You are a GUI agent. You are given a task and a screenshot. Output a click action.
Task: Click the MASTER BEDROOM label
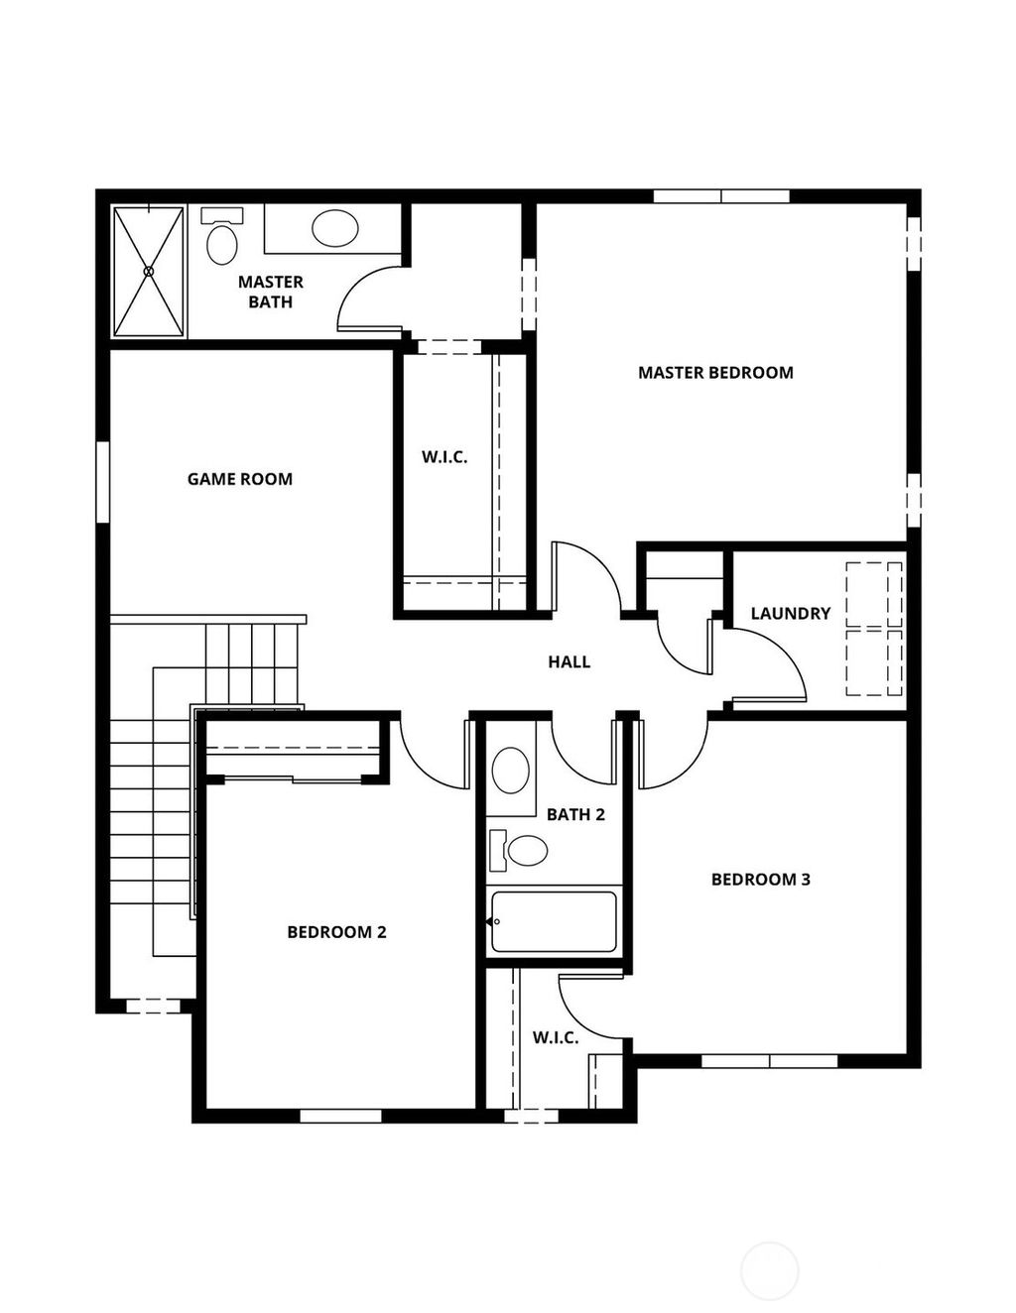(x=715, y=373)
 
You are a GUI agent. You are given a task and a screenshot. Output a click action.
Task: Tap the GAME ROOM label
(x=240, y=479)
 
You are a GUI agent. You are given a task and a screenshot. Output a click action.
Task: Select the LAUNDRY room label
(x=790, y=614)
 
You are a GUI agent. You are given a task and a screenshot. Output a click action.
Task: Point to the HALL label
(x=569, y=661)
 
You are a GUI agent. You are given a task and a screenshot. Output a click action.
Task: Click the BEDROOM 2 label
(x=336, y=932)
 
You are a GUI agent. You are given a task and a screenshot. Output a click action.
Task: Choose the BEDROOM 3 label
(x=760, y=880)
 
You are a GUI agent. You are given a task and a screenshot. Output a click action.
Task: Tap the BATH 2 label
(x=575, y=815)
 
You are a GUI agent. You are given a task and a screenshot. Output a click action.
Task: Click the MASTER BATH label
(x=270, y=293)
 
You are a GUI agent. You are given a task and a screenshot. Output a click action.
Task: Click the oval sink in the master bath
(x=335, y=229)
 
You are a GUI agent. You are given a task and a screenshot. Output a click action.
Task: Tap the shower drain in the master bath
(x=149, y=271)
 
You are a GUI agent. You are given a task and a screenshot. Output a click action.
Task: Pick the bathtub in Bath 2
(x=554, y=922)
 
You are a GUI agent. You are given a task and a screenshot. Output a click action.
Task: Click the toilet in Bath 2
(x=521, y=851)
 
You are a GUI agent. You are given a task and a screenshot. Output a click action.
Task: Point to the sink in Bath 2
(x=511, y=771)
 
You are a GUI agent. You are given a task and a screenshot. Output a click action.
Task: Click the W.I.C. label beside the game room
(x=444, y=457)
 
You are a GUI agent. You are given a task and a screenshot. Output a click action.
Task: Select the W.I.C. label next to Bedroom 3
(x=555, y=1037)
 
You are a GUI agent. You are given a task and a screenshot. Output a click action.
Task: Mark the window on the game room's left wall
(x=102, y=481)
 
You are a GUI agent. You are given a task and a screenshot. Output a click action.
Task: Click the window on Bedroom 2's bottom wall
(x=340, y=1116)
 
